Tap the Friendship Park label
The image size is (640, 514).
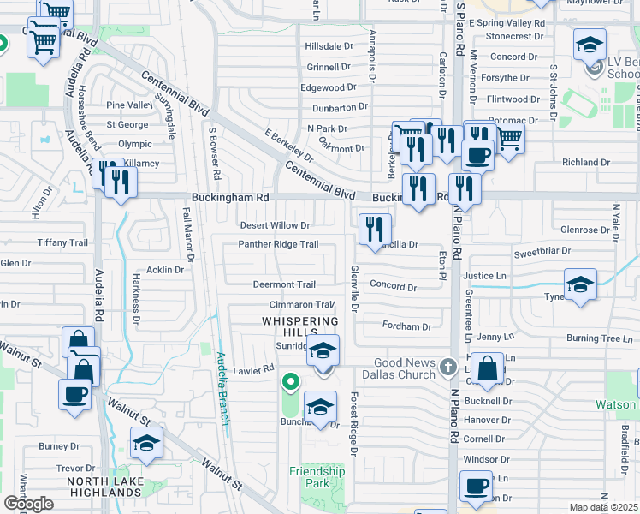pyautogui.click(x=317, y=477)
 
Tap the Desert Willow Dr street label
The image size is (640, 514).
pyautogui.click(x=274, y=225)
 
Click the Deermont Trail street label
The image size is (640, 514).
pyautogui.click(x=284, y=284)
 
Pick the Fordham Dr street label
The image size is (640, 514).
pyautogui.click(x=406, y=326)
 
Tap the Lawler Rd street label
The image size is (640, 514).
pyautogui.click(x=256, y=368)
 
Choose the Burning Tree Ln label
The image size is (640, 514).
pyautogui.click(x=599, y=338)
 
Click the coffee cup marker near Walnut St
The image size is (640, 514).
pyautogui.click(x=74, y=395)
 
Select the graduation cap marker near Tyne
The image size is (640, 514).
pyautogui.click(x=579, y=285)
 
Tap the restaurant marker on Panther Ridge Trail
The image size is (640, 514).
pyautogui.click(x=375, y=229)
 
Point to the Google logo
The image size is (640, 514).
pyautogui.click(x=28, y=504)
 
